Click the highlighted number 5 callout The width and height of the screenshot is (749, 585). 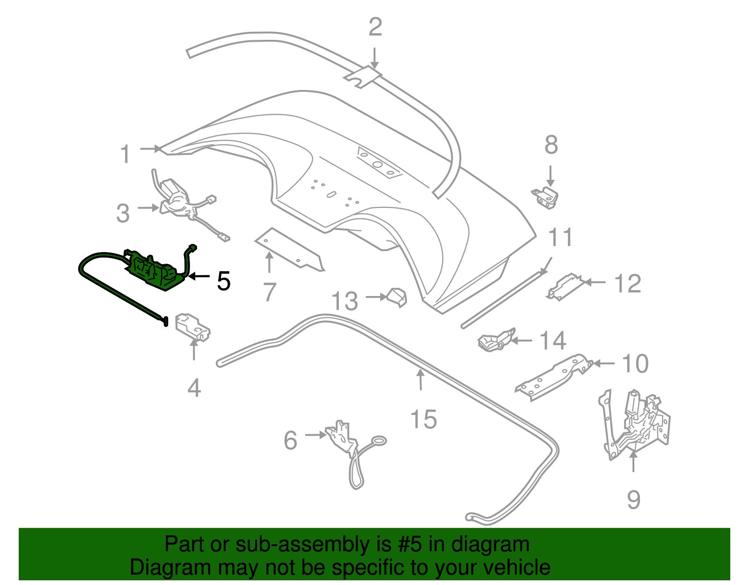223,281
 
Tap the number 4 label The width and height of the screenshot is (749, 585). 194,388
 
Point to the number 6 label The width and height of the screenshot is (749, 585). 290,440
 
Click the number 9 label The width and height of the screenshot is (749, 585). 633,499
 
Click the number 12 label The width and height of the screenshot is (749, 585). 627,283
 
